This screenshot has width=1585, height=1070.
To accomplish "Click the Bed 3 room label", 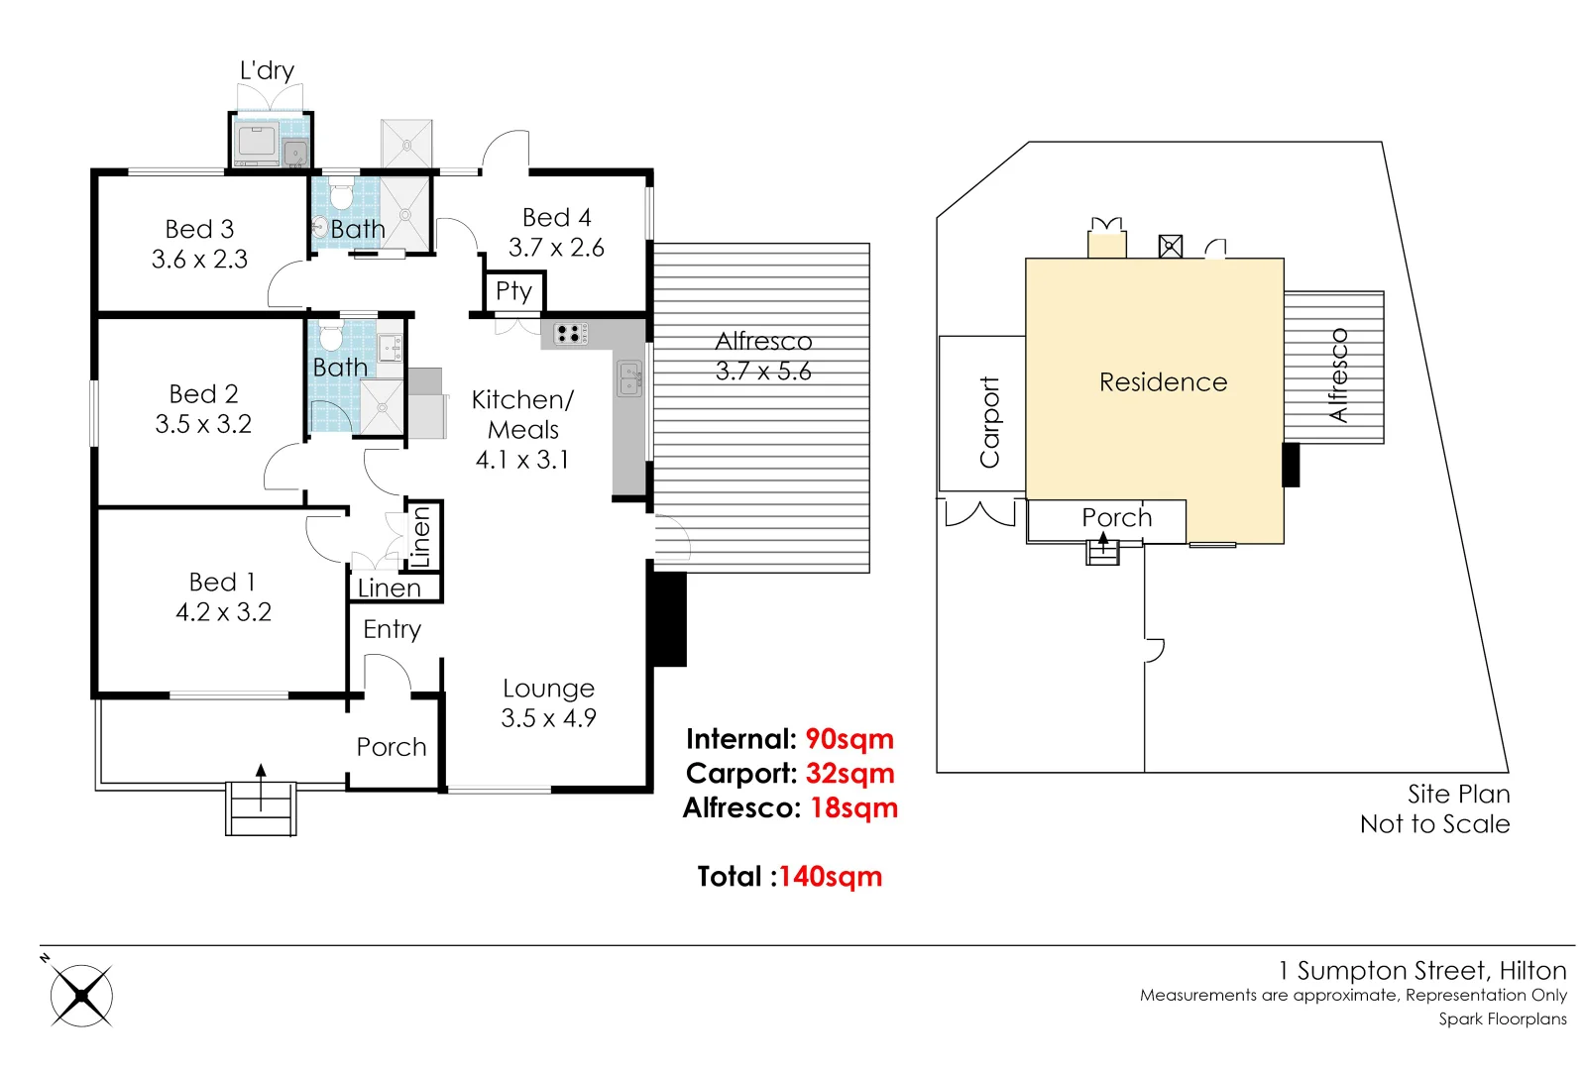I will coord(199,229).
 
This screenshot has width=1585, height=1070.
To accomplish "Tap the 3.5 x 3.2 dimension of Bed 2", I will coord(203,424).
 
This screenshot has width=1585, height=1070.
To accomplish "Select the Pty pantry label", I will coord(513,290).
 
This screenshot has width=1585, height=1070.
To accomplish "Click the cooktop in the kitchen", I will coord(570,334).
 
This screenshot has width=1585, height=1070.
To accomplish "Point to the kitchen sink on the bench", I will coord(629,378).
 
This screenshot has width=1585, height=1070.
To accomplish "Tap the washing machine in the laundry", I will coord(258,141).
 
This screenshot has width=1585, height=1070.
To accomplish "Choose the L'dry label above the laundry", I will coord(267,70).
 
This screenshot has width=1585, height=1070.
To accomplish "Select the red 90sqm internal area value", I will coord(849,739).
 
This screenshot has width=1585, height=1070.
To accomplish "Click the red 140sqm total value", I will coord(830,877).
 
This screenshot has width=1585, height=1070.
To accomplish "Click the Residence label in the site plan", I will coord(1163,382).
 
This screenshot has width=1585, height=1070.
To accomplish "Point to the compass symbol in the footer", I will coord(81,995).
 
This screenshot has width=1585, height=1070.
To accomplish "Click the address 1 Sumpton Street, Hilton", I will coord(1421,970).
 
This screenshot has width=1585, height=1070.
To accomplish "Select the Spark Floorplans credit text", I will coord(1502,1018).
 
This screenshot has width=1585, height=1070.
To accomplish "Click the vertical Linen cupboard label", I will coord(422,536).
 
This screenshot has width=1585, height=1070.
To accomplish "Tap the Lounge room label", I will coord(548,688).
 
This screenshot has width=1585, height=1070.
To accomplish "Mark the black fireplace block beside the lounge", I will coord(668,618).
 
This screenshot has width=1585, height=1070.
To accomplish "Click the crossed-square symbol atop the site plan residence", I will coord(1170,246).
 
